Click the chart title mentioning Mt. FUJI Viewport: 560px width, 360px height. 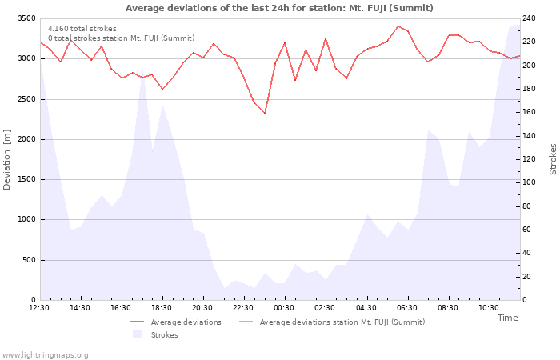point(279,8)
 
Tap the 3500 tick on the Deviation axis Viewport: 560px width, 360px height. point(26,18)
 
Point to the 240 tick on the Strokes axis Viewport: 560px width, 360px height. point(530,18)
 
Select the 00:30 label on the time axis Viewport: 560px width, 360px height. point(284,308)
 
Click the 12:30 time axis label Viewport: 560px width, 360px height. point(39,308)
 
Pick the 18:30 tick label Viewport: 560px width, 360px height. point(162,308)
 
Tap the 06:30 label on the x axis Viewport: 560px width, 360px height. point(406,308)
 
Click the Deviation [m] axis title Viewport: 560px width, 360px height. point(6,160)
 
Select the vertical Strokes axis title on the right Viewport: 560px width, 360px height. point(553,159)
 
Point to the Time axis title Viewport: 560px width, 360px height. point(508,318)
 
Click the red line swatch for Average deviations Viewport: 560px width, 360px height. point(137,322)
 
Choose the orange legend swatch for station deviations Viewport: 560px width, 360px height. point(246,322)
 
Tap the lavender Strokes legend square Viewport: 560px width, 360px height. point(137,334)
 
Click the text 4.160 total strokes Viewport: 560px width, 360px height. point(82,29)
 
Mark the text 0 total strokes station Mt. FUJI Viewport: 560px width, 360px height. point(122,38)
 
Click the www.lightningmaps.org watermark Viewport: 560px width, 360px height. point(45,355)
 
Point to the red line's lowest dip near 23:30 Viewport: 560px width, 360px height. point(265,114)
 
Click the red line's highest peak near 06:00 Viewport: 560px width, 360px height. point(398,26)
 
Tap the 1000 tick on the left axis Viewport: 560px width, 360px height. point(26,220)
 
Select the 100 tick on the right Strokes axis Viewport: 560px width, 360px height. point(530,182)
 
